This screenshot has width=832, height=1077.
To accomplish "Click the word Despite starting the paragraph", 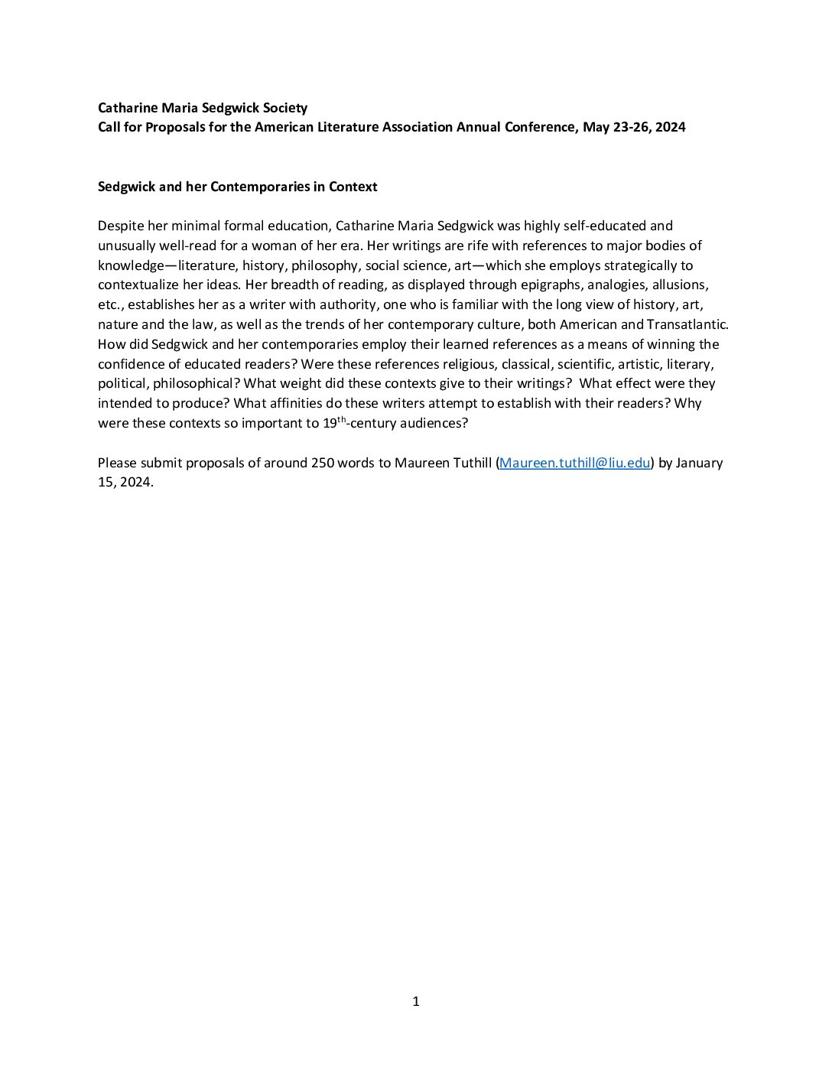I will click(120, 226).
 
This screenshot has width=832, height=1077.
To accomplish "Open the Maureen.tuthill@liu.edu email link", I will click(574, 463).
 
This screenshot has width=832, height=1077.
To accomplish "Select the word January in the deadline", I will click(699, 463).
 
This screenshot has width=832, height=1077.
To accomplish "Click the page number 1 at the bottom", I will click(416, 1001).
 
